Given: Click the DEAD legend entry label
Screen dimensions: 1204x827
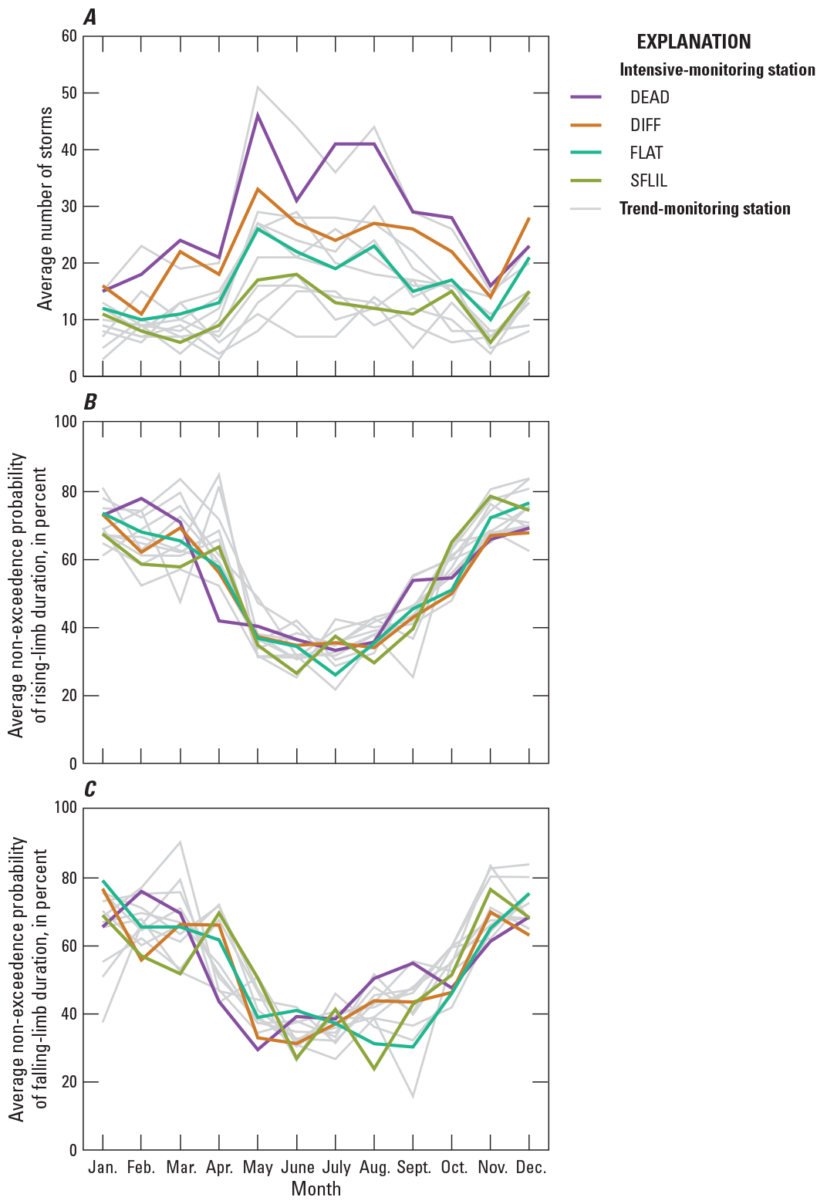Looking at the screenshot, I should [649, 97].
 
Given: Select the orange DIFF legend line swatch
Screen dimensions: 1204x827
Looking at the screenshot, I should [591, 125].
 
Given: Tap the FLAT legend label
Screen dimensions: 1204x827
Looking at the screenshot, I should [646, 153].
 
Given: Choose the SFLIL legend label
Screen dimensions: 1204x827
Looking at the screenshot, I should [648, 180].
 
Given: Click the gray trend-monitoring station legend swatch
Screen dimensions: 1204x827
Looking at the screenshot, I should [591, 209].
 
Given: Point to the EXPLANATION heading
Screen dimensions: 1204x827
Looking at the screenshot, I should [694, 42].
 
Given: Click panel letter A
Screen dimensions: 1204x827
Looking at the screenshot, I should [90, 18].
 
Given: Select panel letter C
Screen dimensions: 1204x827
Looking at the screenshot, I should [90, 789].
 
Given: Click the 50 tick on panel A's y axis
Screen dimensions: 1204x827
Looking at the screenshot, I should [68, 93].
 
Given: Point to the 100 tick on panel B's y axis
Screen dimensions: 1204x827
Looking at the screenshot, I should [65, 422].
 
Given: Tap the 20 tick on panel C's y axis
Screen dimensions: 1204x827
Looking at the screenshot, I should [68, 1081].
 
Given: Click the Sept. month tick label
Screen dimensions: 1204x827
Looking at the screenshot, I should [414, 1167].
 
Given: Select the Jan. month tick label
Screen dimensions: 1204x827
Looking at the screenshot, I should [103, 1167].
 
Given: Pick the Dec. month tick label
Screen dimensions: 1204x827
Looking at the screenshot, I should [531, 1167].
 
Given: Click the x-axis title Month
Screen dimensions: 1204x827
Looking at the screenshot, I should [316, 1189].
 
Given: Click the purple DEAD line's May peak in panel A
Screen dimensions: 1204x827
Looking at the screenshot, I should [258, 114].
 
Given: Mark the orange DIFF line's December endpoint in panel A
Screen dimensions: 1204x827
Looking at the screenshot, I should [530, 218].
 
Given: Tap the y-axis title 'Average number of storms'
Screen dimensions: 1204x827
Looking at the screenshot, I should [46, 208].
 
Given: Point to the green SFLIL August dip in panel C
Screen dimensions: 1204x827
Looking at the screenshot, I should [375, 1069].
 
